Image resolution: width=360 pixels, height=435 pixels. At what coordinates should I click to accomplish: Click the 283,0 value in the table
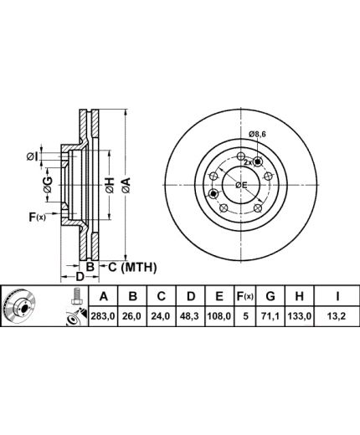(x=103, y=316)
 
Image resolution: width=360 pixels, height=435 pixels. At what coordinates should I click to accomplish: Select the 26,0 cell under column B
(x=133, y=316)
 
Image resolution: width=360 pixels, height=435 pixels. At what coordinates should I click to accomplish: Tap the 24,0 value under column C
(x=162, y=316)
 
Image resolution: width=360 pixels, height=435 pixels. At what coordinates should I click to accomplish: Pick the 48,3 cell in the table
(x=190, y=316)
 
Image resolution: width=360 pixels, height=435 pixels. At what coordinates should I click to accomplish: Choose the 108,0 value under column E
(x=219, y=316)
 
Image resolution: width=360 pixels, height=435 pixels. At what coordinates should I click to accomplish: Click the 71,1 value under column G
(x=270, y=316)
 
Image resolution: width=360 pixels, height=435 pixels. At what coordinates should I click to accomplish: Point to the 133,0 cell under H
(x=299, y=316)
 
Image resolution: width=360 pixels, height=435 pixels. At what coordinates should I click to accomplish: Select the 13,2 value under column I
(x=337, y=316)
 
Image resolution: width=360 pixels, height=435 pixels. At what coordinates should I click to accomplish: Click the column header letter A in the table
(x=104, y=296)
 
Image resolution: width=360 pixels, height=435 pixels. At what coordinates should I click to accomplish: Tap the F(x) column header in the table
(x=245, y=296)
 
